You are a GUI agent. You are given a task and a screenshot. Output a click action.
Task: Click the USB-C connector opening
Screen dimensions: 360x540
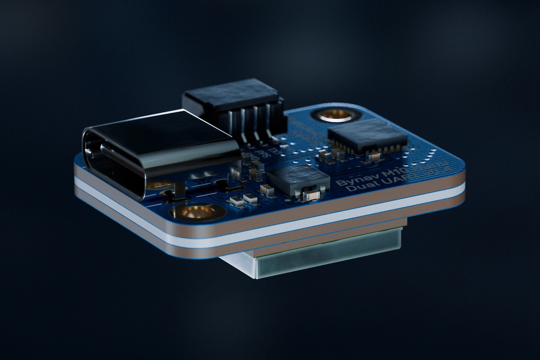113,163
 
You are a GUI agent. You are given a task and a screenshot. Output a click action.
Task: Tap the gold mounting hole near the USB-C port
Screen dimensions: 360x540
197,212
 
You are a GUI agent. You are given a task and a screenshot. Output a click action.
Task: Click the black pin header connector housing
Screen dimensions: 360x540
232,100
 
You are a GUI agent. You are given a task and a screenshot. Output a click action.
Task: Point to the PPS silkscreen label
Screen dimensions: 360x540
264,153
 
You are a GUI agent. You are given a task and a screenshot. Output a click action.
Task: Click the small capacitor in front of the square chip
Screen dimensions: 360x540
311,196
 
